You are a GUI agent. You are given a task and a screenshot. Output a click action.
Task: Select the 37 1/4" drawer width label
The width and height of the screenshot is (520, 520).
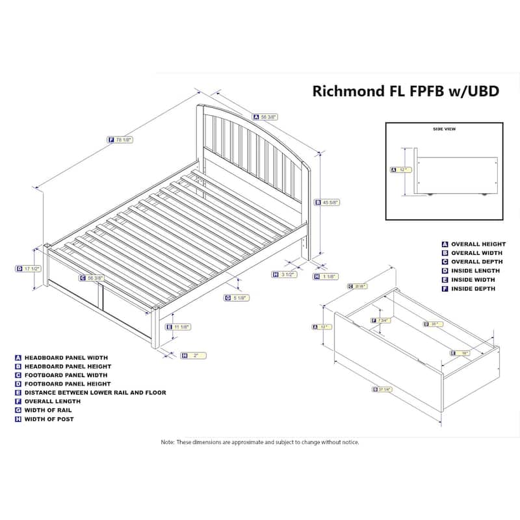(385, 389)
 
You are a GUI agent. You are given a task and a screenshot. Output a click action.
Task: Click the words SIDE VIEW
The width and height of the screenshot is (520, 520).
(444, 129)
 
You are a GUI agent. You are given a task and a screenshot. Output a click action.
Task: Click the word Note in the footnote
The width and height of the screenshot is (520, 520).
(168, 442)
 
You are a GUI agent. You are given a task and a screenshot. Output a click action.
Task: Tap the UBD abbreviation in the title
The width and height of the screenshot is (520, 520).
(482, 90)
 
